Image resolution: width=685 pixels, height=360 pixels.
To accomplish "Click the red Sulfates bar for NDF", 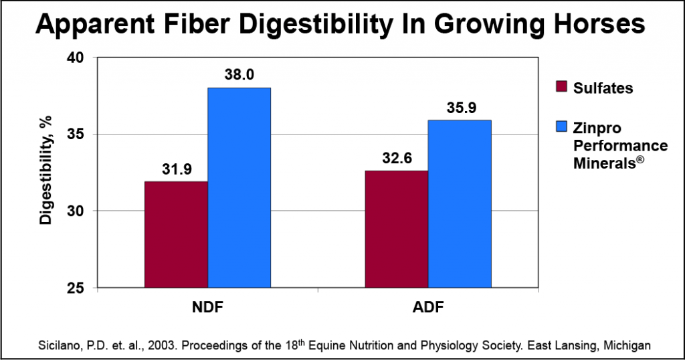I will coord(176,234).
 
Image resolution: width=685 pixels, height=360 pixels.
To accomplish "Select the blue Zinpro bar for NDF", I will coord(239,187).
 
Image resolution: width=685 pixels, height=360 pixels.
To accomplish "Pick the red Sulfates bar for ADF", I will coord(396,229).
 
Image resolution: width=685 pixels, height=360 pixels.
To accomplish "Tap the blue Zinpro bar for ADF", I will coord(460,204).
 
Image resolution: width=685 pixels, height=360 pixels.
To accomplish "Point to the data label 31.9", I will coord(177,169).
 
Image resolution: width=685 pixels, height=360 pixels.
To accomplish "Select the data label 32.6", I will coord(397,158).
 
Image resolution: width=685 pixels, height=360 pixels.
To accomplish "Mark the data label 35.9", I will coord(460,108).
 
